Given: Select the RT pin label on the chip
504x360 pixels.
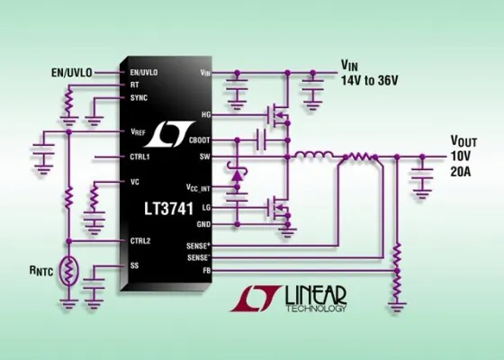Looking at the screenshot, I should [134, 84].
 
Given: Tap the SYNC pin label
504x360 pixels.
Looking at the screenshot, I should [139, 97].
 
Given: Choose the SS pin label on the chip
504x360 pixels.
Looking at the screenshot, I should [134, 265].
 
